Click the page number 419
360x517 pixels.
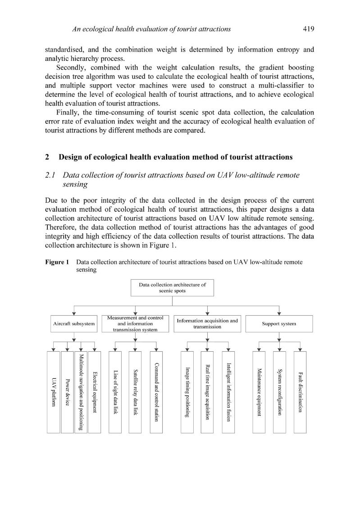pyautogui.click(x=308, y=29)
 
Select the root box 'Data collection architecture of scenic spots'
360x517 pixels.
pyautogui.click(x=172, y=288)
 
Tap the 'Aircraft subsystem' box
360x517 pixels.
pyautogui.click(x=74, y=324)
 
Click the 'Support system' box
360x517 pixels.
pyautogui.click(x=279, y=324)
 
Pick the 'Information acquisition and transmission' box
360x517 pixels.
pyautogui.click(x=207, y=324)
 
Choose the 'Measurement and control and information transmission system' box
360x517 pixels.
pyautogui.click(x=135, y=324)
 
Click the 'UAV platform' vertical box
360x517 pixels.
pyautogui.click(x=54, y=392)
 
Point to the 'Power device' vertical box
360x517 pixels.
pyautogui.click(x=67, y=392)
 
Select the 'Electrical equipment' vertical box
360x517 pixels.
pyautogui.click(x=95, y=392)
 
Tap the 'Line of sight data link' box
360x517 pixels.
pyautogui.click(x=115, y=392)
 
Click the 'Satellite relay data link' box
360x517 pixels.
pyautogui.click(x=135, y=392)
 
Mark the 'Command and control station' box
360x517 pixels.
pyautogui.click(x=156, y=392)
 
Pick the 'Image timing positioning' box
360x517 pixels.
pyautogui.click(x=187, y=392)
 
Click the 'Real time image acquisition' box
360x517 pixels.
pyautogui.click(x=207, y=392)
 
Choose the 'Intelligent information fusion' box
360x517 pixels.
pyautogui.click(x=228, y=392)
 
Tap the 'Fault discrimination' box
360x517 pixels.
pyautogui.click(x=300, y=392)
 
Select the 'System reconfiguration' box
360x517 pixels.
pyautogui.click(x=279, y=392)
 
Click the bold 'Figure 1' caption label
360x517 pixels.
pyautogui.click(x=57, y=262)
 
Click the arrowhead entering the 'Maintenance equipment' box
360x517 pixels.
pyautogui.click(x=259, y=349)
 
